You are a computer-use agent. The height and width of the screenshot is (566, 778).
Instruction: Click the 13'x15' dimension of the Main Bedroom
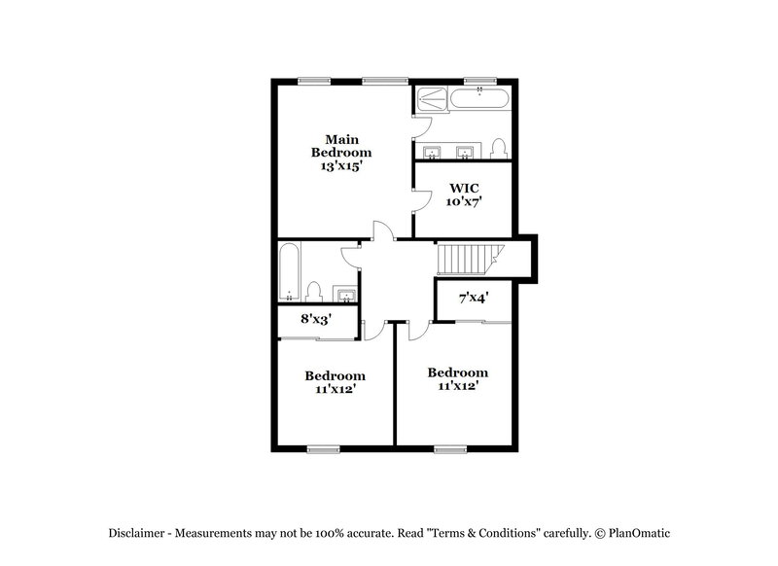[x=340, y=166]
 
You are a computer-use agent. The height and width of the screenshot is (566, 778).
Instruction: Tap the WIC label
[x=463, y=186]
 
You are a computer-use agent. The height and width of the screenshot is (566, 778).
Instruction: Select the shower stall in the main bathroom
[x=432, y=98]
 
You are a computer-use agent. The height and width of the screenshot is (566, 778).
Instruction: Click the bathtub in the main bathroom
[x=479, y=98]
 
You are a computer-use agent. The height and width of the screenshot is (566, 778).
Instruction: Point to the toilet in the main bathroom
[x=499, y=148]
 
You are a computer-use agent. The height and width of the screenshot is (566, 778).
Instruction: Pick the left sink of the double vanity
[x=432, y=151]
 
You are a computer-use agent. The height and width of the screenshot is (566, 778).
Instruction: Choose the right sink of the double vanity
[x=465, y=151]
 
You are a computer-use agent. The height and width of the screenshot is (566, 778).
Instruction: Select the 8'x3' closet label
[x=316, y=319]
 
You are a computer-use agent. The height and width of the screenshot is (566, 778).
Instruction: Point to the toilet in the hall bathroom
[x=313, y=291]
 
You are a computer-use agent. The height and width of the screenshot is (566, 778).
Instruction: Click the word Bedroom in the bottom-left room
[x=335, y=375]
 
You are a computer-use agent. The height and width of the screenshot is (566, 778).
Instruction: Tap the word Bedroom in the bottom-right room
[x=457, y=372]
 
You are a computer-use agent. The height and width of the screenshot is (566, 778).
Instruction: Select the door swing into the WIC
[x=421, y=199]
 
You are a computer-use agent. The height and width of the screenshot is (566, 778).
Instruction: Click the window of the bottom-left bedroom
[x=323, y=448]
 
